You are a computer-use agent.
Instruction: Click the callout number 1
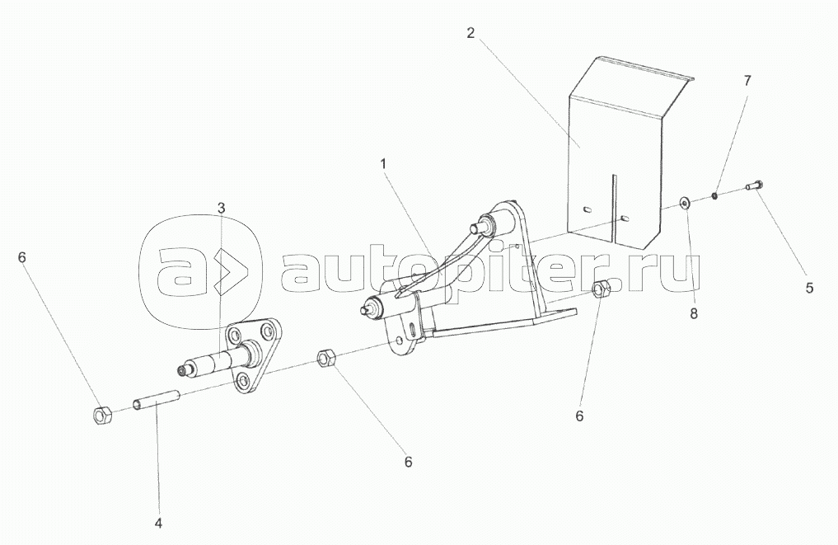coord(383,164)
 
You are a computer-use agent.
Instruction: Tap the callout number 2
coord(470,33)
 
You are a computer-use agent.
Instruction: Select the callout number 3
coord(221,207)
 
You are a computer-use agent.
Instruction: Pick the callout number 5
coord(809,288)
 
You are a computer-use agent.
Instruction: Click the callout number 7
coord(747,80)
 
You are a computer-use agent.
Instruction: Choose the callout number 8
coord(693,313)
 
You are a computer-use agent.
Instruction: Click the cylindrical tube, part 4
coord(157,402)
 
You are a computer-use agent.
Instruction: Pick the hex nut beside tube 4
coord(103,413)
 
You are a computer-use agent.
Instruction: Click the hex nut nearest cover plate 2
coord(602,290)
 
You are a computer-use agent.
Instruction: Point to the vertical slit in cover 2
coord(612,206)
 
